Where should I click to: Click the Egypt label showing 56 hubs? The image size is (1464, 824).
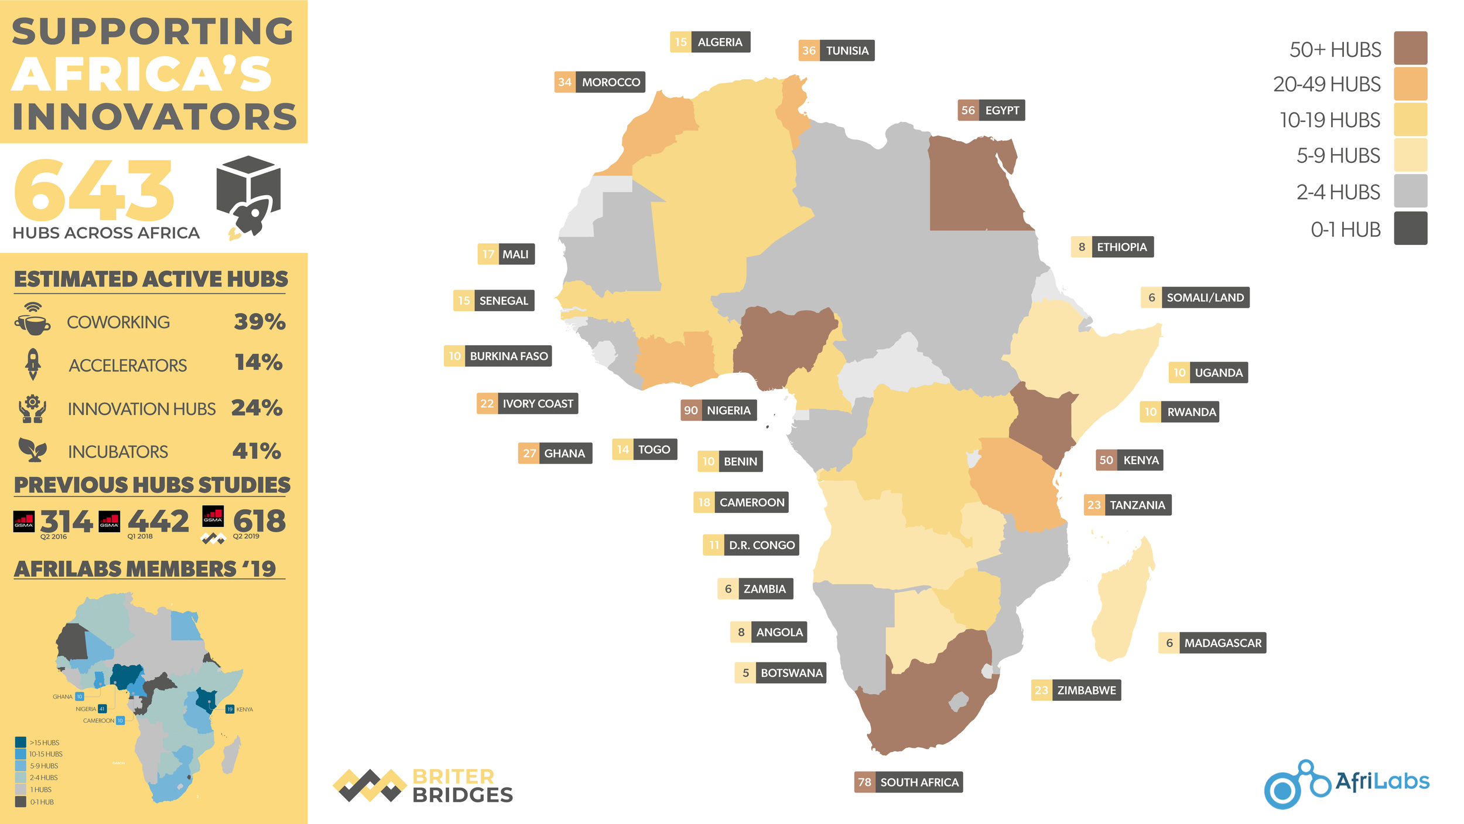(991, 110)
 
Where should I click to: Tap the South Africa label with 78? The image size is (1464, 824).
(908, 782)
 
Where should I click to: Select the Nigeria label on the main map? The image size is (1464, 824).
(719, 410)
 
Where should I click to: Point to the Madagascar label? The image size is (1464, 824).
(1212, 643)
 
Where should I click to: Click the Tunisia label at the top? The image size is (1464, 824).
(836, 50)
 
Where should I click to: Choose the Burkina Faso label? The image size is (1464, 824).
(498, 356)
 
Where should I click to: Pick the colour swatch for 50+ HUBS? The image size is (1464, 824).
(1410, 48)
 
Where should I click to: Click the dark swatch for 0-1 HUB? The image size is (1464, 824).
(1410, 229)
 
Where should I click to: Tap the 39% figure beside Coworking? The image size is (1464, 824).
(259, 322)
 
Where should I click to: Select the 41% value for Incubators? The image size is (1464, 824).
(256, 451)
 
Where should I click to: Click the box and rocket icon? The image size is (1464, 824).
(249, 196)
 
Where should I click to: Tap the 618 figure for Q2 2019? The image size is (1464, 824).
(259, 521)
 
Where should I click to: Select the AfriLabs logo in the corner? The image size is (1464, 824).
(1346, 784)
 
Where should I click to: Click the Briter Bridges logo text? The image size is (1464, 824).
(462, 786)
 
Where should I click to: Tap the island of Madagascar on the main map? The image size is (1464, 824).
(1121, 604)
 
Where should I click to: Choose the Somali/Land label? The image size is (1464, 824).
(1195, 297)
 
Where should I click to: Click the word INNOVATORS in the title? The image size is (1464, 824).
(155, 117)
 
